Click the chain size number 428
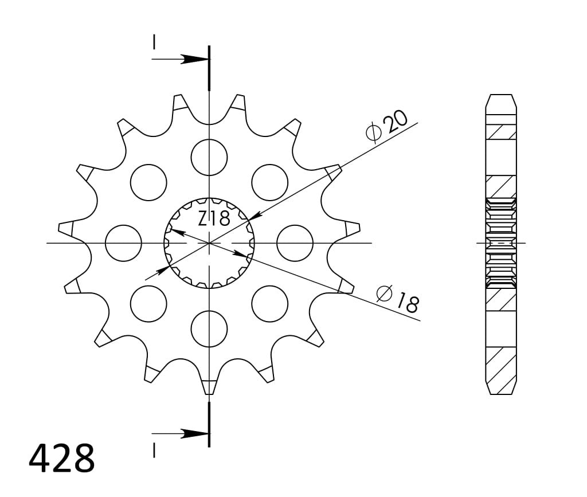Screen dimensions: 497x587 point(62,458)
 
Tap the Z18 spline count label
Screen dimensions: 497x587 point(214,218)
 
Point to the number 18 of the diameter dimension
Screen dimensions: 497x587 point(407,302)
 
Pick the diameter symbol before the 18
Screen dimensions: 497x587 point(383,293)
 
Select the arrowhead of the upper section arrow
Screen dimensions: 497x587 point(195,59)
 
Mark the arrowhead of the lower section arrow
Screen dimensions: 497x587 point(195,433)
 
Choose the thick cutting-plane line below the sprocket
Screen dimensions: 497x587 point(209,424)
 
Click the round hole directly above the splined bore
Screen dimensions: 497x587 point(209,157)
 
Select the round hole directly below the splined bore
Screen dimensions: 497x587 point(209,329)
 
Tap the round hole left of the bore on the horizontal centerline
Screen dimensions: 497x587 point(123,243)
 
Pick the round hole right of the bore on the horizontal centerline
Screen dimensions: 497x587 point(295,243)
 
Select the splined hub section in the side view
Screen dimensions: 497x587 point(501,243)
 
